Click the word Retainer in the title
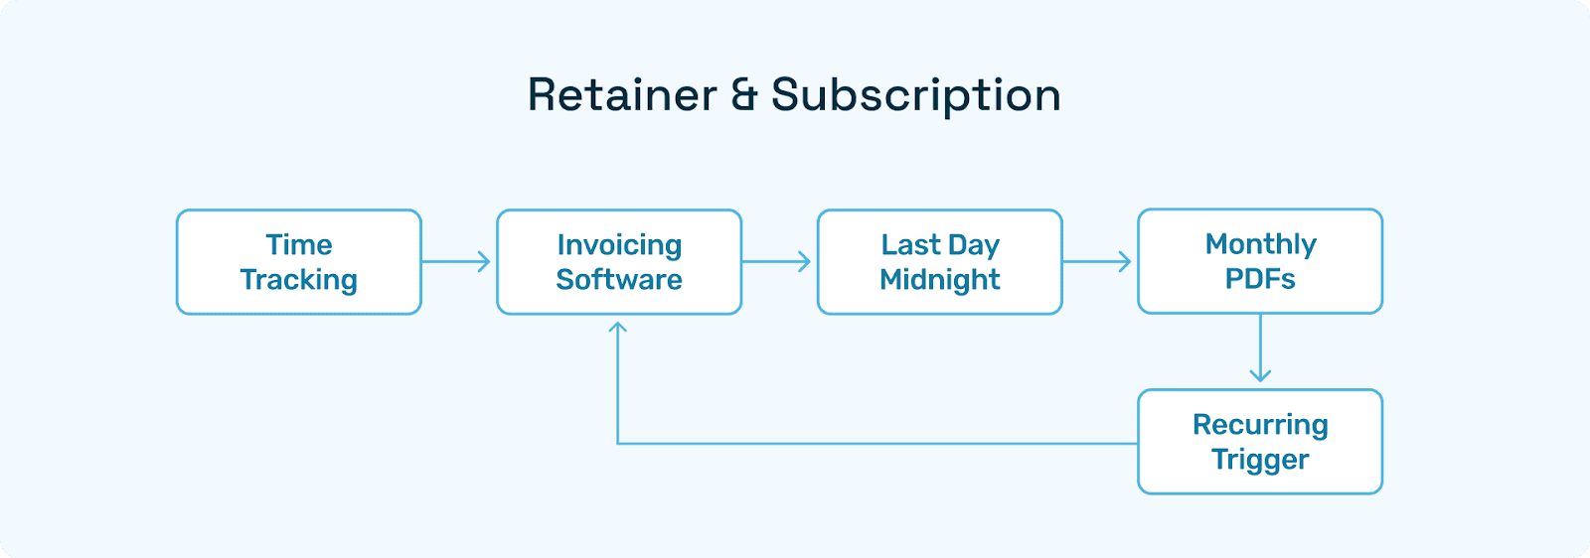tap(622, 95)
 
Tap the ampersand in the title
tap(744, 95)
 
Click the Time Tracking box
tap(299, 262)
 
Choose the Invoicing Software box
tap(619, 262)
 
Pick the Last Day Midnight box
tap(940, 262)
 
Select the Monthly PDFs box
tap(1260, 261)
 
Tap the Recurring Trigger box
tap(1260, 442)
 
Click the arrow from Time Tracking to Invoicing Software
tap(456, 262)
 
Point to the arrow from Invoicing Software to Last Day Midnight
tap(776, 262)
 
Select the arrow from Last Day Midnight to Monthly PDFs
tap(1097, 262)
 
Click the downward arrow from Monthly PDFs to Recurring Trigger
tap(1260, 348)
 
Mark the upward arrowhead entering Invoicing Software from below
tap(617, 328)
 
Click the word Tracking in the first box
tap(299, 280)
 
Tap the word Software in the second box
tap(619, 279)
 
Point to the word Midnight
tap(940, 280)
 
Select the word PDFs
tap(1260, 279)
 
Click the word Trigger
tap(1260, 460)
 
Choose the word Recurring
tap(1260, 425)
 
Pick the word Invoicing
tap(619, 245)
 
